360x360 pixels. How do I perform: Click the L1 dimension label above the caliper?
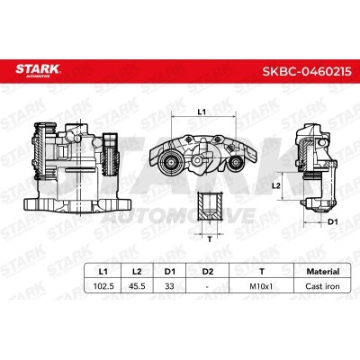(202, 111)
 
